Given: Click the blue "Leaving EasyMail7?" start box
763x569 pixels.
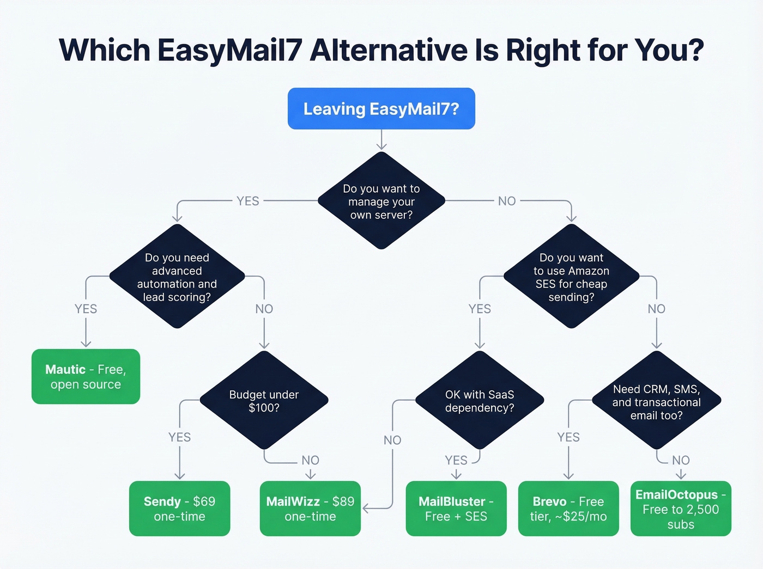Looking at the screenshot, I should pos(381,109).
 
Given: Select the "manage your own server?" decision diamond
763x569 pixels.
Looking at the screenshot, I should pos(381,201).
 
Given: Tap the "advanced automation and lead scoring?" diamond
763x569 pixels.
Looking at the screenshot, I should pos(177,277).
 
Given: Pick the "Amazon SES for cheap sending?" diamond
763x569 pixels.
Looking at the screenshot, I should pos(571,277).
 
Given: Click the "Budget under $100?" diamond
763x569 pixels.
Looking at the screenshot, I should pos(264,401).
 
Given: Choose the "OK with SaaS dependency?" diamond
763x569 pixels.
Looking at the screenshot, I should pos(480,401).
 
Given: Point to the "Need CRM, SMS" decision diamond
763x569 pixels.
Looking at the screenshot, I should pos(656,402).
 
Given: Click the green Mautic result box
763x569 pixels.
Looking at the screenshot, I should pos(86,377).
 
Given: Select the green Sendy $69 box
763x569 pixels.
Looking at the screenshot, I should pos(179,509).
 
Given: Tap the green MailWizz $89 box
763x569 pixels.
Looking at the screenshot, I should pos(310,509).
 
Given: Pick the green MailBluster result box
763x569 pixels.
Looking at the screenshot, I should pos(456,509).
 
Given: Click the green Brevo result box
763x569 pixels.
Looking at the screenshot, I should pos(568,509).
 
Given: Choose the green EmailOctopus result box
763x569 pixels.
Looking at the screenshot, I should pos(681,509).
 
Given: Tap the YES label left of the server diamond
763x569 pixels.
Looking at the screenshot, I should pos(248,201).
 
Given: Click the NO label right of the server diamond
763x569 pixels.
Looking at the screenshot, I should pos(507,201).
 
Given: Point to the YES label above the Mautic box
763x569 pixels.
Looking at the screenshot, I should pos(86,309).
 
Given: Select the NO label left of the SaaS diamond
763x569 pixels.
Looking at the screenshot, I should pos(392,440).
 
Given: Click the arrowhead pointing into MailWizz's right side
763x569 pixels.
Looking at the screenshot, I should pos(366,509).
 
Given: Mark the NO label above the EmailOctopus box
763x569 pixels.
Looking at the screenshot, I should pos(681,460).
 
